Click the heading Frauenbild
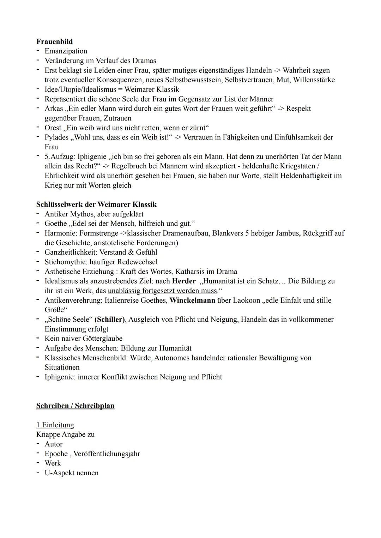click(54, 42)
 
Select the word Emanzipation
click(66, 51)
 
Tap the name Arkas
click(54, 109)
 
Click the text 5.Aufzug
click(59, 156)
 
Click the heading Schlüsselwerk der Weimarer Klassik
click(96, 204)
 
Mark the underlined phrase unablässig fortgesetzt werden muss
click(162, 291)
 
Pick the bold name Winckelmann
click(192, 301)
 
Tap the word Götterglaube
click(103, 339)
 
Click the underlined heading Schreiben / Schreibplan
click(75, 406)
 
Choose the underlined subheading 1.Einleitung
click(55, 425)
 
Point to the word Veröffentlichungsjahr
click(107, 454)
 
